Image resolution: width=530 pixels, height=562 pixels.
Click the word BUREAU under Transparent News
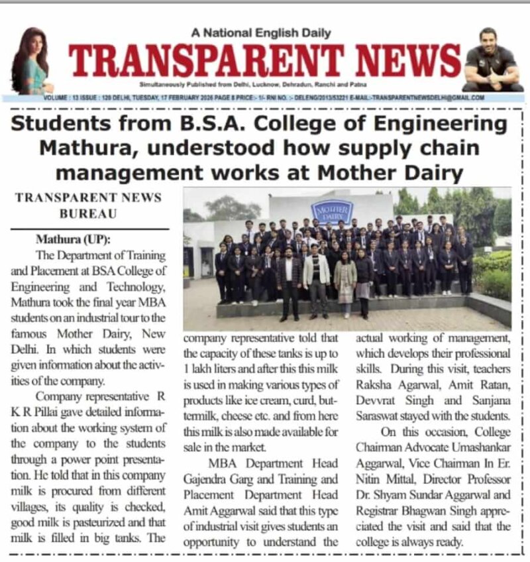[88, 214]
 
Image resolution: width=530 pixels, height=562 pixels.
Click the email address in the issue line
[425, 97]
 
